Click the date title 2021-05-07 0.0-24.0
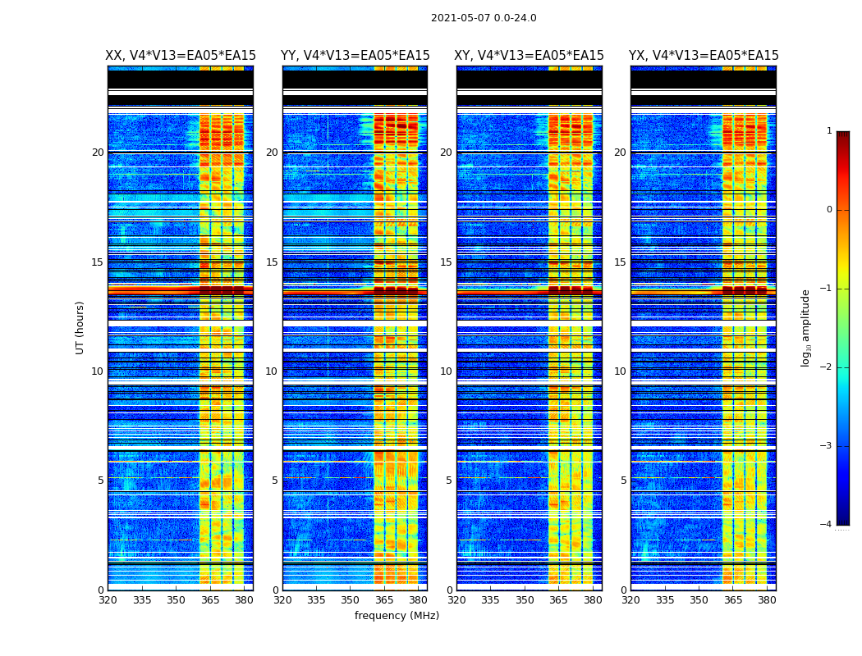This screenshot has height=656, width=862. click(484, 18)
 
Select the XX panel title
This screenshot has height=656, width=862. click(181, 56)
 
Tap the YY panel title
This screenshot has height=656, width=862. click(355, 56)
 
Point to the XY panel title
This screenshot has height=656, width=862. click(530, 56)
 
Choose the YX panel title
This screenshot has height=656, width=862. click(704, 56)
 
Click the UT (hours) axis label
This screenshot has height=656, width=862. click(80, 327)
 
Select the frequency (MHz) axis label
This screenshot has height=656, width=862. click(397, 616)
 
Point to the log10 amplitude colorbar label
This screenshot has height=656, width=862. click(806, 327)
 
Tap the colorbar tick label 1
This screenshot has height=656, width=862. click(828, 131)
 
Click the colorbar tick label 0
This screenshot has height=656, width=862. click(828, 210)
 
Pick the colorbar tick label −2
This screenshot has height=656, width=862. click(827, 367)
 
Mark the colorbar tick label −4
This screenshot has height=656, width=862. click(827, 525)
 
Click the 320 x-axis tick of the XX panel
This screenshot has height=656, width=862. click(108, 600)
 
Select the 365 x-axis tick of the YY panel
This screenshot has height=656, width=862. click(384, 600)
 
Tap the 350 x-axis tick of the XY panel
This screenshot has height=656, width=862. click(525, 600)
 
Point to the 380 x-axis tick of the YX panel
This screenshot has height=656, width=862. click(767, 600)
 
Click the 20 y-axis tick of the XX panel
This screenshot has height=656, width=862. click(98, 153)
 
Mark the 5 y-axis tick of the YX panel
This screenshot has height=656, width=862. click(624, 481)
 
